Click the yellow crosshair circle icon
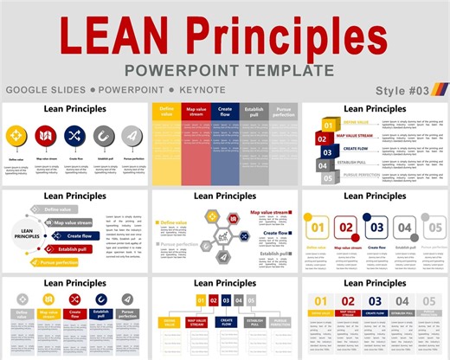point(16,135)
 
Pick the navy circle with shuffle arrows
point(73,135)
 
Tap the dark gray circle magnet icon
point(102,135)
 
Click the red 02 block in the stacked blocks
point(322,138)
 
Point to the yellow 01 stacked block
point(328,125)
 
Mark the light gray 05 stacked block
point(328,177)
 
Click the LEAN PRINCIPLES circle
point(25,235)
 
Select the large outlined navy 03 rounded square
point(376,228)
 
